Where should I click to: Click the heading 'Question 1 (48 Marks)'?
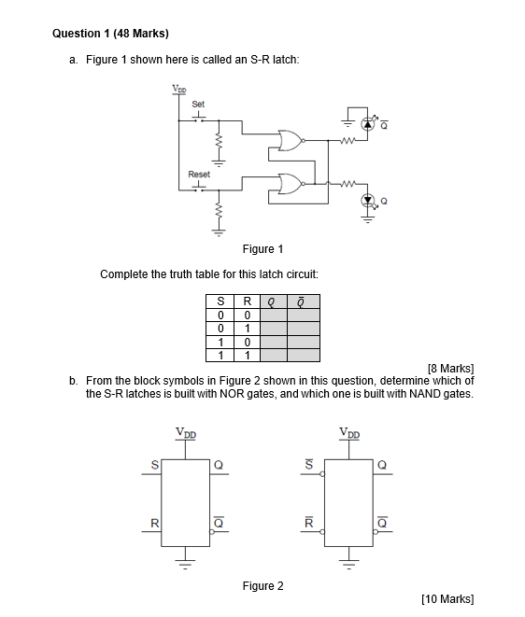pyautogui.click(x=110, y=33)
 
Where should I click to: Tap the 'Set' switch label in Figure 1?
pyautogui.click(x=198, y=104)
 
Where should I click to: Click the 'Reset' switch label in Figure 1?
pyautogui.click(x=199, y=174)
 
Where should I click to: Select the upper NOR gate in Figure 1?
pyautogui.click(x=290, y=142)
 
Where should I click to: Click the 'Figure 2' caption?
pyautogui.click(x=262, y=585)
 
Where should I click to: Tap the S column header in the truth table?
pyautogui.click(x=220, y=301)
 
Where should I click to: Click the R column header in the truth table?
pyautogui.click(x=245, y=301)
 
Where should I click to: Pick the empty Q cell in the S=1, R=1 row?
pyautogui.click(x=272, y=355)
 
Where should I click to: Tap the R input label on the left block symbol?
pyautogui.click(x=155, y=523)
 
